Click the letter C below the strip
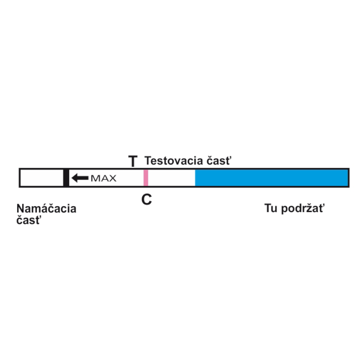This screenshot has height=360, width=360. pos(147,199)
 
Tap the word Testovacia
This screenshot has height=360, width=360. pos(174,161)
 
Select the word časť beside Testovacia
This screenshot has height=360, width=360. pos(219,161)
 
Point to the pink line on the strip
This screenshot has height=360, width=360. pos(146,178)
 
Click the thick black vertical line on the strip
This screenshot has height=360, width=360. pos(66,178)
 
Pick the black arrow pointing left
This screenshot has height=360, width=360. pos(80,178)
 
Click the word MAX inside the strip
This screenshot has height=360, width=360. pos(104,178)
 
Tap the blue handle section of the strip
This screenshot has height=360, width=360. pos(271,178)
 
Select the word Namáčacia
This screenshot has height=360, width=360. pos(46,208)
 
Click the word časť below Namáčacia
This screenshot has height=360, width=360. pos(29,220)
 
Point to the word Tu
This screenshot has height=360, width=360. pos(271,208)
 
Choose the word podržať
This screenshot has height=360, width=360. pos(303,208)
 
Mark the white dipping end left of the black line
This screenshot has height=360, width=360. pos(42,178)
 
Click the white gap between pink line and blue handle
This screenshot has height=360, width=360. pos(171,178)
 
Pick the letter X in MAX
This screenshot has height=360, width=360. pos(112,178)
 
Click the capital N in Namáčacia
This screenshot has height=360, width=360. pos(21,208)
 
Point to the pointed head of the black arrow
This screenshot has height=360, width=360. pos(72,178)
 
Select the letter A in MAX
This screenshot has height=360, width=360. pos(104,178)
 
